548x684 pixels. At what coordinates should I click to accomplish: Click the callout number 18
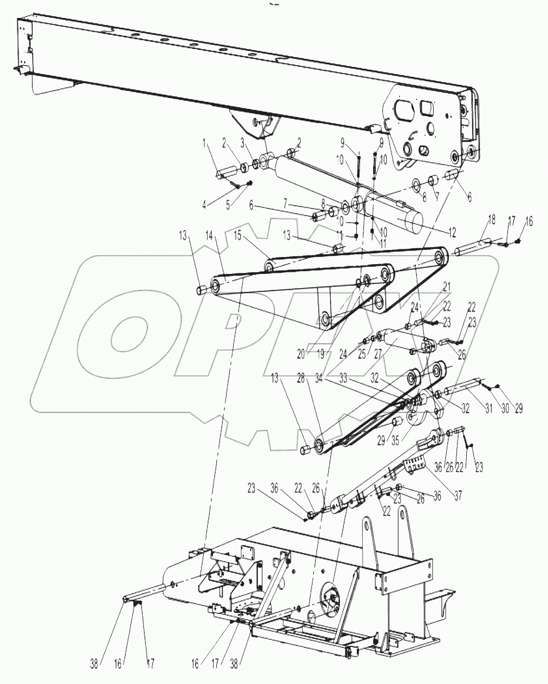[491, 219]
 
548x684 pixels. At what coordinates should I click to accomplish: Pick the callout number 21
[447, 285]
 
